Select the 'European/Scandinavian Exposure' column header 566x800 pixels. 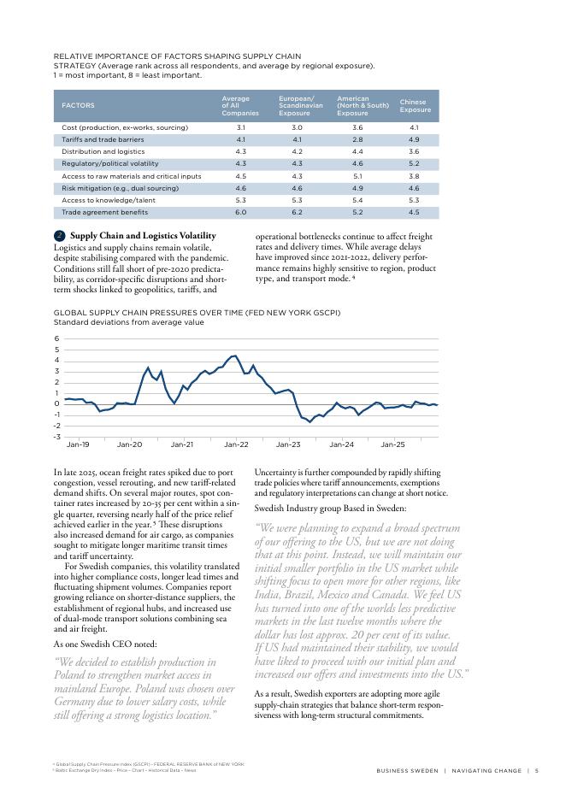[x=296, y=106]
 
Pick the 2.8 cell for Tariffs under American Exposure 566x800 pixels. [x=357, y=138]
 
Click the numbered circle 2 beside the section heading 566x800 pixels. [x=59, y=236]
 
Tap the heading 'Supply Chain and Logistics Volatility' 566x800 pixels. [x=143, y=236]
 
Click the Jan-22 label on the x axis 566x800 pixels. [x=236, y=445]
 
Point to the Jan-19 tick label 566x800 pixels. [x=78, y=445]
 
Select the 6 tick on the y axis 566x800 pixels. [x=56, y=339]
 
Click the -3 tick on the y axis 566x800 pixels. [x=56, y=436]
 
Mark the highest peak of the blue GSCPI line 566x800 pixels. [x=235, y=356]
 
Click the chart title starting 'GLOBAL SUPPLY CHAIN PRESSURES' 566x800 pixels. [x=197, y=313]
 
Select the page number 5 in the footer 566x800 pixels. [x=535, y=771]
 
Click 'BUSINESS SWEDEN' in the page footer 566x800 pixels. [x=406, y=771]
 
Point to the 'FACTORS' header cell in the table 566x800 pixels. [x=77, y=106]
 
